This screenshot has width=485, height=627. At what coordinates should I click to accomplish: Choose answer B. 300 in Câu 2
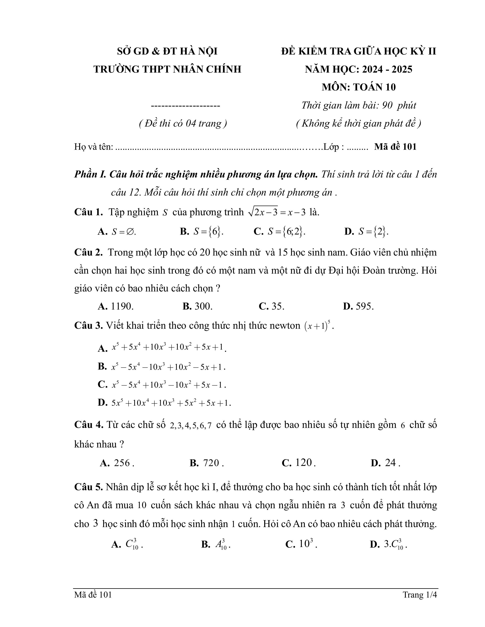pos(197,306)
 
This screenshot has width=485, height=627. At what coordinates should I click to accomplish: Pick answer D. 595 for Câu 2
pos(358,306)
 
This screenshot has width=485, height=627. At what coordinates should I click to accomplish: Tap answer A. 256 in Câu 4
pos(117,463)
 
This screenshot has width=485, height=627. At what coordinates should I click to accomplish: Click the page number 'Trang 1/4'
pos(420,595)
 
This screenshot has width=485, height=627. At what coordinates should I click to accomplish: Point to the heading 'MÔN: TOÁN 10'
pos(358,87)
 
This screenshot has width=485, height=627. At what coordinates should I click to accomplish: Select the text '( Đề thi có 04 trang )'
pos(183,123)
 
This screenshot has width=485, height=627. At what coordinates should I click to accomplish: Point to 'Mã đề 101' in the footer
pos(93,595)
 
